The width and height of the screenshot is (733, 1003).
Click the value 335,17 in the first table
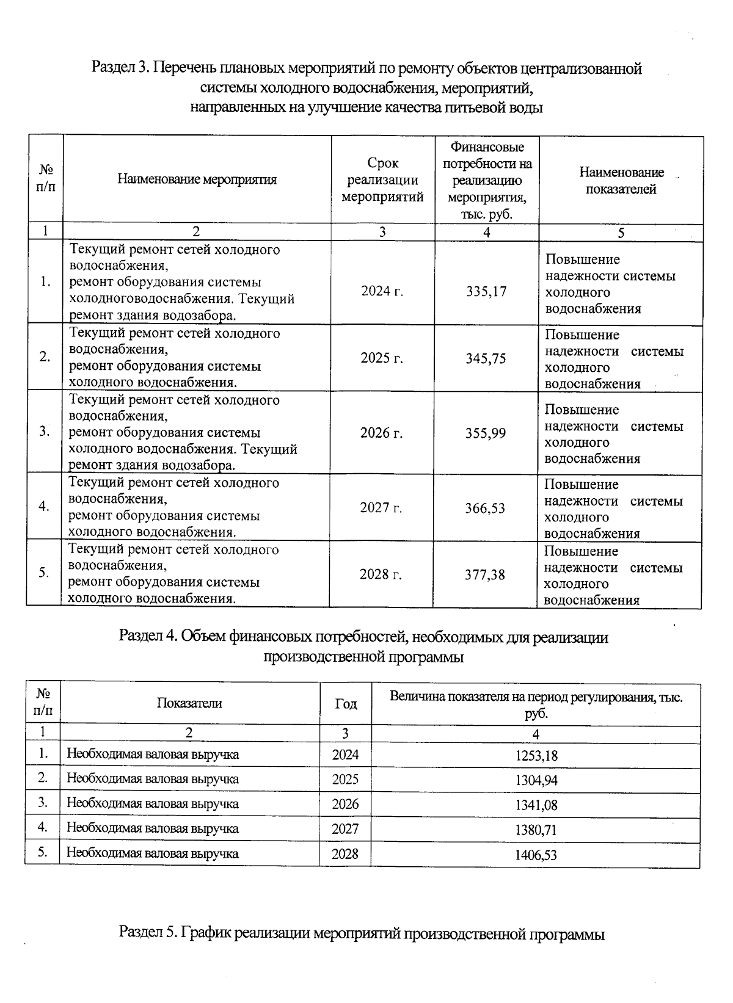pyautogui.click(x=486, y=291)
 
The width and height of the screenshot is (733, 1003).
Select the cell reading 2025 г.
pyautogui.click(x=382, y=358)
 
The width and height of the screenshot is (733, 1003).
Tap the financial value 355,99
pyautogui.click(x=486, y=433)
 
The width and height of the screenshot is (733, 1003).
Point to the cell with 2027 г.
pyautogui.click(x=381, y=508)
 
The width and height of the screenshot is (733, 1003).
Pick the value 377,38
pyautogui.click(x=485, y=574)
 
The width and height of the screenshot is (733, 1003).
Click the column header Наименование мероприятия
pyautogui.click(x=197, y=179)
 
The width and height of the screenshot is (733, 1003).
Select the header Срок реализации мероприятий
pyautogui.click(x=382, y=180)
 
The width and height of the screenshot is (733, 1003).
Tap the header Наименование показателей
pyautogui.click(x=621, y=181)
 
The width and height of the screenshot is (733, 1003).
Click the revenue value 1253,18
pyautogui.click(x=536, y=756)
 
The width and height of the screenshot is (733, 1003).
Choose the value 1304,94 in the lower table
pyautogui.click(x=536, y=780)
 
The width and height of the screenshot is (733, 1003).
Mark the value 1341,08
pyautogui.click(x=536, y=805)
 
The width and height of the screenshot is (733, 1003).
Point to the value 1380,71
pyautogui.click(x=536, y=830)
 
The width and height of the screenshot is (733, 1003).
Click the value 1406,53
pyautogui.click(x=536, y=855)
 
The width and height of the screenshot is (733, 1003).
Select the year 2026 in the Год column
pyautogui.click(x=345, y=804)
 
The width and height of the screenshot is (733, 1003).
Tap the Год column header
pyautogui.click(x=346, y=704)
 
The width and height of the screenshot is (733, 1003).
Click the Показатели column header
pyautogui.click(x=189, y=703)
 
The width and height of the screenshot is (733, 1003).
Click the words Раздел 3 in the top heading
pyautogui.click(x=120, y=67)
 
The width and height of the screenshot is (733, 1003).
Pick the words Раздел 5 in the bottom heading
pyautogui.click(x=147, y=933)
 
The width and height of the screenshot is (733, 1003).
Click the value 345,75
pyautogui.click(x=486, y=358)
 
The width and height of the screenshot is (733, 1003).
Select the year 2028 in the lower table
pyautogui.click(x=345, y=854)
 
